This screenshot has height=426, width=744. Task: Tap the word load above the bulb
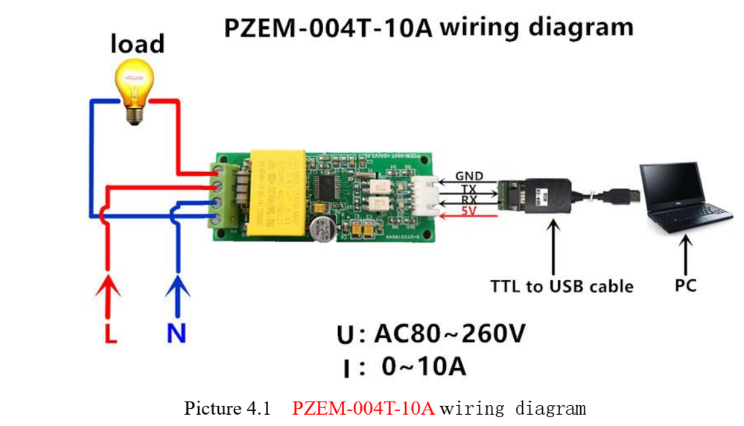tap(137, 43)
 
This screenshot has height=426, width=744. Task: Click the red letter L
tap(111, 333)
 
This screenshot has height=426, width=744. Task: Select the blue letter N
tap(177, 333)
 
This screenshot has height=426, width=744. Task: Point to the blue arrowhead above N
tap(177, 287)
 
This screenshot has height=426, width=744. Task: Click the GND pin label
tap(469, 177)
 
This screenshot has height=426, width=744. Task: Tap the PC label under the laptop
tap(685, 285)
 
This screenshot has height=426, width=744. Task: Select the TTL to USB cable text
tap(562, 286)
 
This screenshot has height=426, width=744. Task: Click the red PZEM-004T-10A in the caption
tap(363, 409)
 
